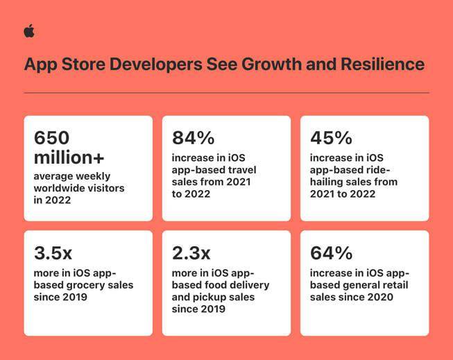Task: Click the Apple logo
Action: pyautogui.click(x=28, y=31)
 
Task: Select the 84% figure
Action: pyautogui.click(x=194, y=137)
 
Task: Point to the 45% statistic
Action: pyautogui.click(x=331, y=137)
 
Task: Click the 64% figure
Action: pyautogui.click(x=331, y=252)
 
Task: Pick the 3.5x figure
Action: pyautogui.click(x=53, y=252)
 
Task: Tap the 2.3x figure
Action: pyautogui.click(x=191, y=252)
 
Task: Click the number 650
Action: pyautogui.click(x=52, y=137)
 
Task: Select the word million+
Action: pyautogui.click(x=69, y=157)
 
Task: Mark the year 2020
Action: pyautogui.click(x=381, y=297)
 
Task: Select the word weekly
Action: pyautogui.click(x=92, y=176)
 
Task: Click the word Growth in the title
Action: pyautogui.click(x=269, y=65)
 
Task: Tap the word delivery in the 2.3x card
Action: pyautogui.click(x=250, y=285)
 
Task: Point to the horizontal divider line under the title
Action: pyautogui.click(x=226, y=92)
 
